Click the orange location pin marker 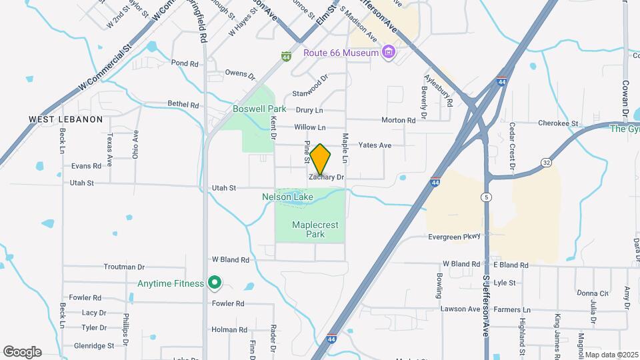[321, 158]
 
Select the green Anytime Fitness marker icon [215, 283]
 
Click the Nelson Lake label [287, 197]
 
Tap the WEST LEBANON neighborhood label [65, 119]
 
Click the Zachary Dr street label [326, 177]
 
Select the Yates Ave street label [375, 145]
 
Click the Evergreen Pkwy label [454, 236]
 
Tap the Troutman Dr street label [124, 267]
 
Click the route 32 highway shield [546, 162]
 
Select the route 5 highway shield [487, 197]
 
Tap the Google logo [22, 352]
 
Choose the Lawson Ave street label [460, 309]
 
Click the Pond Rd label [185, 63]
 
